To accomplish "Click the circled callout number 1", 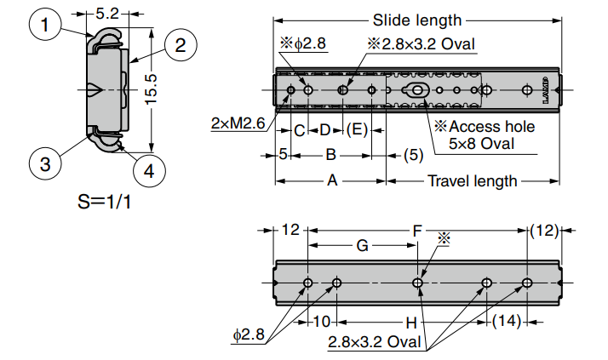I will click(x=45, y=26).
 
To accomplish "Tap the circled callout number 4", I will click(x=148, y=170).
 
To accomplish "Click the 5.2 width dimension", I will click(x=107, y=14).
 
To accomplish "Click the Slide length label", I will click(x=416, y=20).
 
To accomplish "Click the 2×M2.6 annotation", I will click(x=238, y=123).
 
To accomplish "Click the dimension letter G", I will click(x=362, y=245).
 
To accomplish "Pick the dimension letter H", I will click(x=410, y=323).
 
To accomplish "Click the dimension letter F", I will click(x=416, y=230).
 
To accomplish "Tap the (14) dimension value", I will click(x=508, y=322).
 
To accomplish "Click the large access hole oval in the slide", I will click(x=417, y=90).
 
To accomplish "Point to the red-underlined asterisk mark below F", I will click(x=443, y=240).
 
